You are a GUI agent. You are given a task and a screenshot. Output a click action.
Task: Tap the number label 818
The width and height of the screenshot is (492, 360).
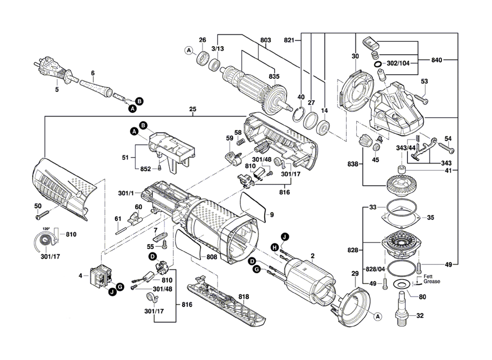(x=244, y=297)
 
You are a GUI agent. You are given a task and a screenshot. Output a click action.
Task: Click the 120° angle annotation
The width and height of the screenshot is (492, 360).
(x=45, y=230)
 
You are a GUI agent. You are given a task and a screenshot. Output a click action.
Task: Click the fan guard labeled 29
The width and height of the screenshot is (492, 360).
(x=354, y=301)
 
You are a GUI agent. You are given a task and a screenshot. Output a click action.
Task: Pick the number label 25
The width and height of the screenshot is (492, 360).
(x=192, y=109)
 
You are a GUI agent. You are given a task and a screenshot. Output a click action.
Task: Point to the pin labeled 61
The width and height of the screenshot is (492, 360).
(x=123, y=228)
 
